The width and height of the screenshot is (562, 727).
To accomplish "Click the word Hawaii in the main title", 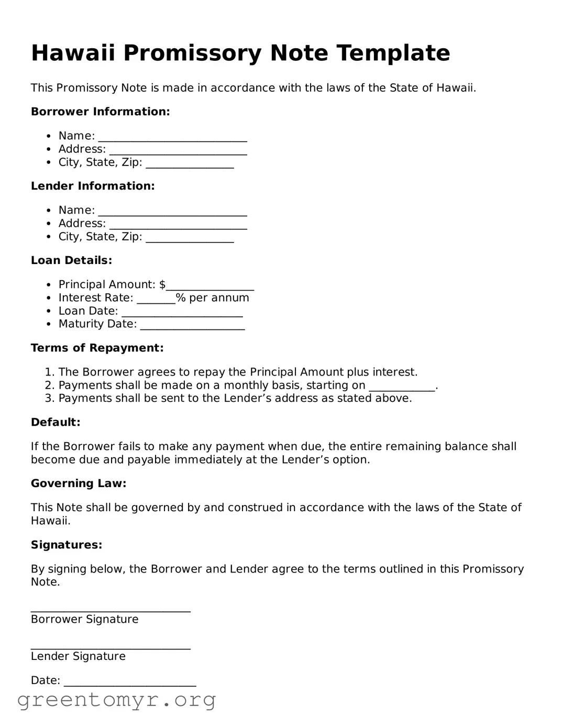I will click(73, 53).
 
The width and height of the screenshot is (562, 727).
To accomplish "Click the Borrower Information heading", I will click(100, 112).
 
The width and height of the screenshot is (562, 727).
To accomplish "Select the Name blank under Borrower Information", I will click(172, 137).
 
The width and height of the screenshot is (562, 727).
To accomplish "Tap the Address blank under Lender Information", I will click(178, 225).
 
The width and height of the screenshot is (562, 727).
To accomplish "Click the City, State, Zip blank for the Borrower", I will click(190, 164).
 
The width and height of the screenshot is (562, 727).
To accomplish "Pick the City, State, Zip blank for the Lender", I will click(190, 238).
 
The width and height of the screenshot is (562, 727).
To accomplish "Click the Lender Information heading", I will click(93, 186).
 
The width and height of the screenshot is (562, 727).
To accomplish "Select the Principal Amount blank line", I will click(210, 286).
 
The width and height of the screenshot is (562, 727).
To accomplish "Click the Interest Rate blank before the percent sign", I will click(156, 299).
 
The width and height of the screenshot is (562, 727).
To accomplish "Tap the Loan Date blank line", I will click(182, 312).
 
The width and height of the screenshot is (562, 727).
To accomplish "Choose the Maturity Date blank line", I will click(192, 325).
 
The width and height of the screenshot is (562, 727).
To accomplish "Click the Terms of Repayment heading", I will click(97, 348).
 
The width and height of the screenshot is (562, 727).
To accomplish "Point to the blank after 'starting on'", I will click(402, 387).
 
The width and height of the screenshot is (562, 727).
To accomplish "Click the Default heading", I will click(56, 422).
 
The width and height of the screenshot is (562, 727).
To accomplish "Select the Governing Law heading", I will click(79, 483).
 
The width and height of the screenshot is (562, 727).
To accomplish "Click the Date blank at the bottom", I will click(129, 682).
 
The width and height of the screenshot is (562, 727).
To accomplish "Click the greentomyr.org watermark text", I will click(116, 700).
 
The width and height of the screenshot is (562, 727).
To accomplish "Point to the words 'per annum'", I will click(219, 298).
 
